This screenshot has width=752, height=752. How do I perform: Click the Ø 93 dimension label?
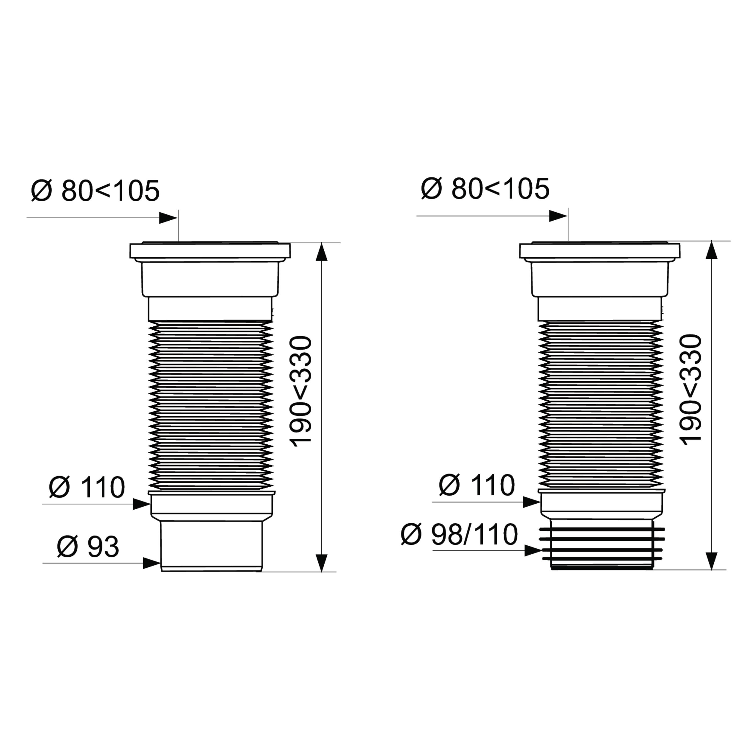click(x=88, y=547)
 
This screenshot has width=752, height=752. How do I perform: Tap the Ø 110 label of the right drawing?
click(x=477, y=485)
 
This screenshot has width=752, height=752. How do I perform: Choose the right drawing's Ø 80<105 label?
click(x=485, y=189)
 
